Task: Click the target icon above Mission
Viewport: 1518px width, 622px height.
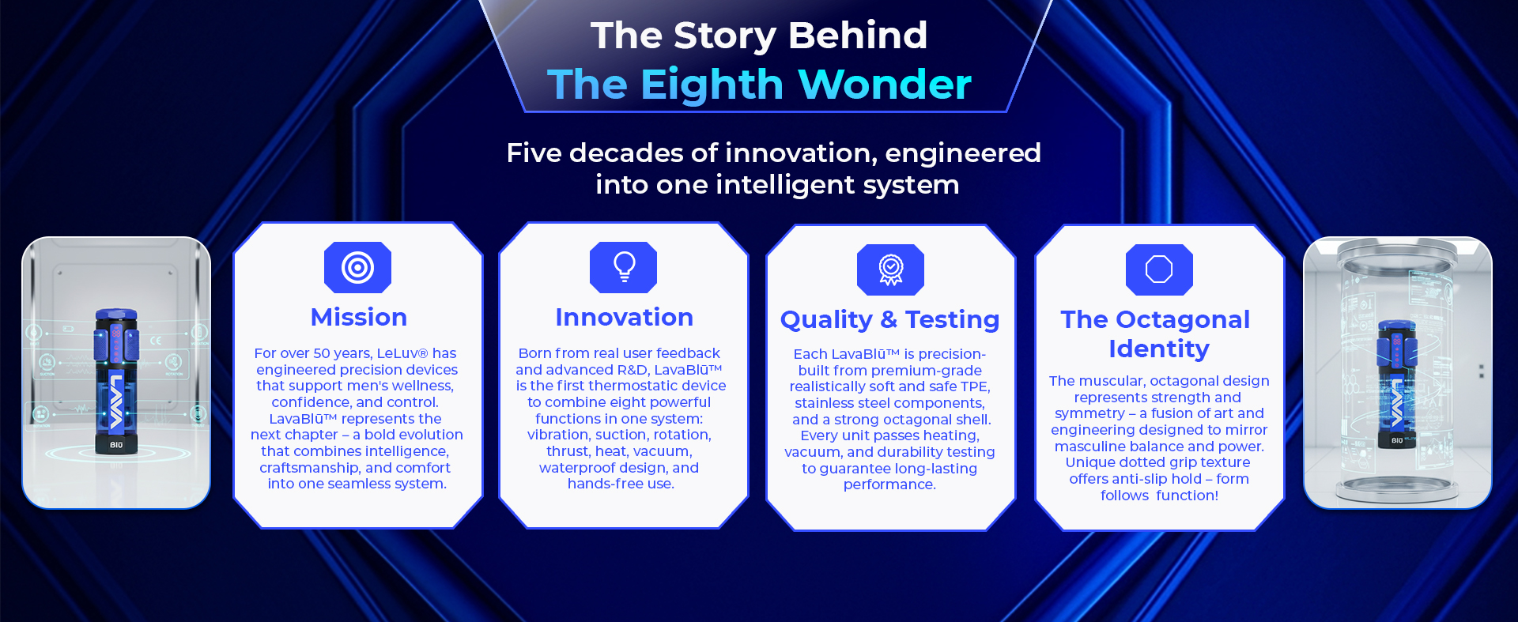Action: coord(357,268)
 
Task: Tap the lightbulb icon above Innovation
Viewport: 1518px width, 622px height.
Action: coord(624,268)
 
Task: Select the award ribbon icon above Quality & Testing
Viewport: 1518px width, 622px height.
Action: coord(890,270)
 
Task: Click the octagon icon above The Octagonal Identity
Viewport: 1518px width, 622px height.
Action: coord(1159,270)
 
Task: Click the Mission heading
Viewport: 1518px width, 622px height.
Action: coord(359,317)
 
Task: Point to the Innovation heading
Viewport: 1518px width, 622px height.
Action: coord(624,317)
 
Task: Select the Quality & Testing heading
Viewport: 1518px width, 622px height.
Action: coord(889,320)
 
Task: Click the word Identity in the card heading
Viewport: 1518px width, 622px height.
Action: coord(1159,349)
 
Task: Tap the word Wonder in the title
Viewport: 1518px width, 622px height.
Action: coord(885,84)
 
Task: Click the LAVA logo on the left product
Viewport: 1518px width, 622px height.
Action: coord(117,400)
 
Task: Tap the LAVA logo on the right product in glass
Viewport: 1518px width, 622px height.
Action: coord(1397,404)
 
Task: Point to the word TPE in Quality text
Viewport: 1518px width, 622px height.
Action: coord(974,386)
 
